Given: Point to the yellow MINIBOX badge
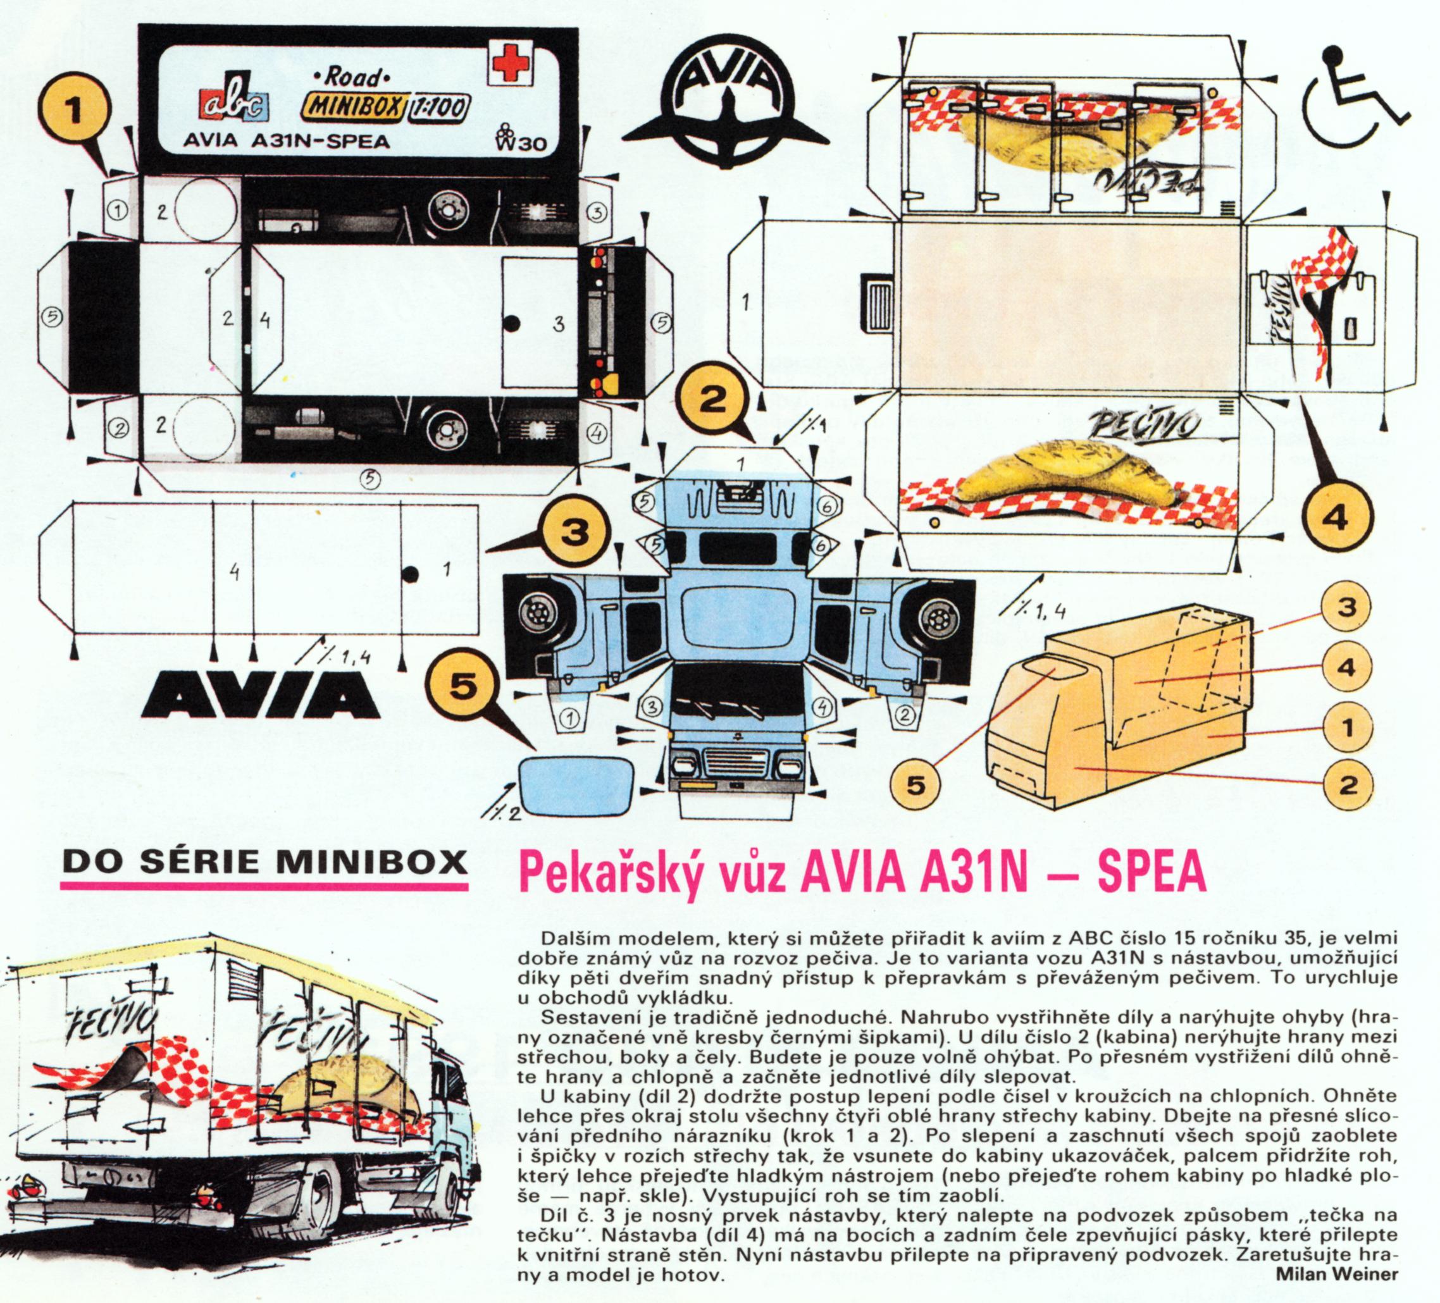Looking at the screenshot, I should [x=353, y=108].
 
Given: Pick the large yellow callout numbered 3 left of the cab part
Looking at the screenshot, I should [x=575, y=533].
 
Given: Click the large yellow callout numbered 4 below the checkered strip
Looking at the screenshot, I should [x=1336, y=517].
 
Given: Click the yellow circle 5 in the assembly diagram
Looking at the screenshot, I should [x=916, y=786].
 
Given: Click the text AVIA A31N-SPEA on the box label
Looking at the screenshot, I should [x=287, y=141].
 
